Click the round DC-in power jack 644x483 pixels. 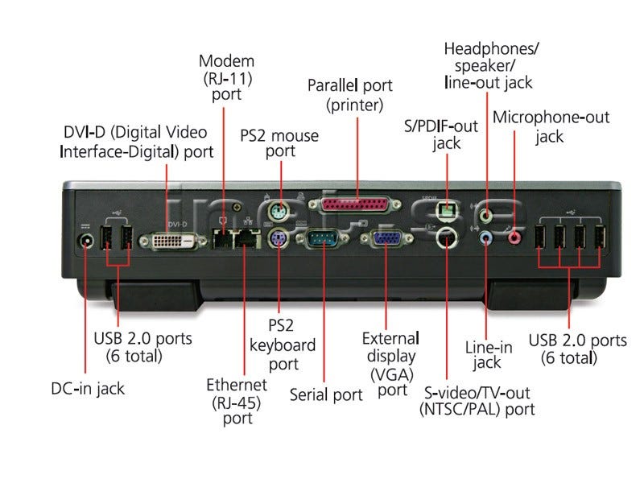[x=85, y=242]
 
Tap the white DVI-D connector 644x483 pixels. [x=173, y=241]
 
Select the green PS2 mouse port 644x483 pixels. [x=279, y=213]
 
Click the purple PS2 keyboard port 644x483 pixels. [x=278, y=238]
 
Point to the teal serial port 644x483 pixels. [x=324, y=239]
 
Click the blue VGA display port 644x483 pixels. [x=386, y=239]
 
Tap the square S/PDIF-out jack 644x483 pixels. [x=447, y=209]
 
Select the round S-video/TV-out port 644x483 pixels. [x=447, y=237]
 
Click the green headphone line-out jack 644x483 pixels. [x=486, y=215]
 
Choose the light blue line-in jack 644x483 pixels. [x=486, y=237]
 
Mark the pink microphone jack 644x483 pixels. [x=514, y=237]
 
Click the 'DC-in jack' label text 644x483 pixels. [x=88, y=389]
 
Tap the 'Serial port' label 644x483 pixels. [x=326, y=394]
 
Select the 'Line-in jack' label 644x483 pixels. [x=488, y=355]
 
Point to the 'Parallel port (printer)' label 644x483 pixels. [x=350, y=95]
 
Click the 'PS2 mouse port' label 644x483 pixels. [x=279, y=143]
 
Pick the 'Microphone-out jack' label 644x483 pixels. [x=551, y=127]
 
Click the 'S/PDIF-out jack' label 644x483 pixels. [x=441, y=134]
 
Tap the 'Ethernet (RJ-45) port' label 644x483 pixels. [x=237, y=402]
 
